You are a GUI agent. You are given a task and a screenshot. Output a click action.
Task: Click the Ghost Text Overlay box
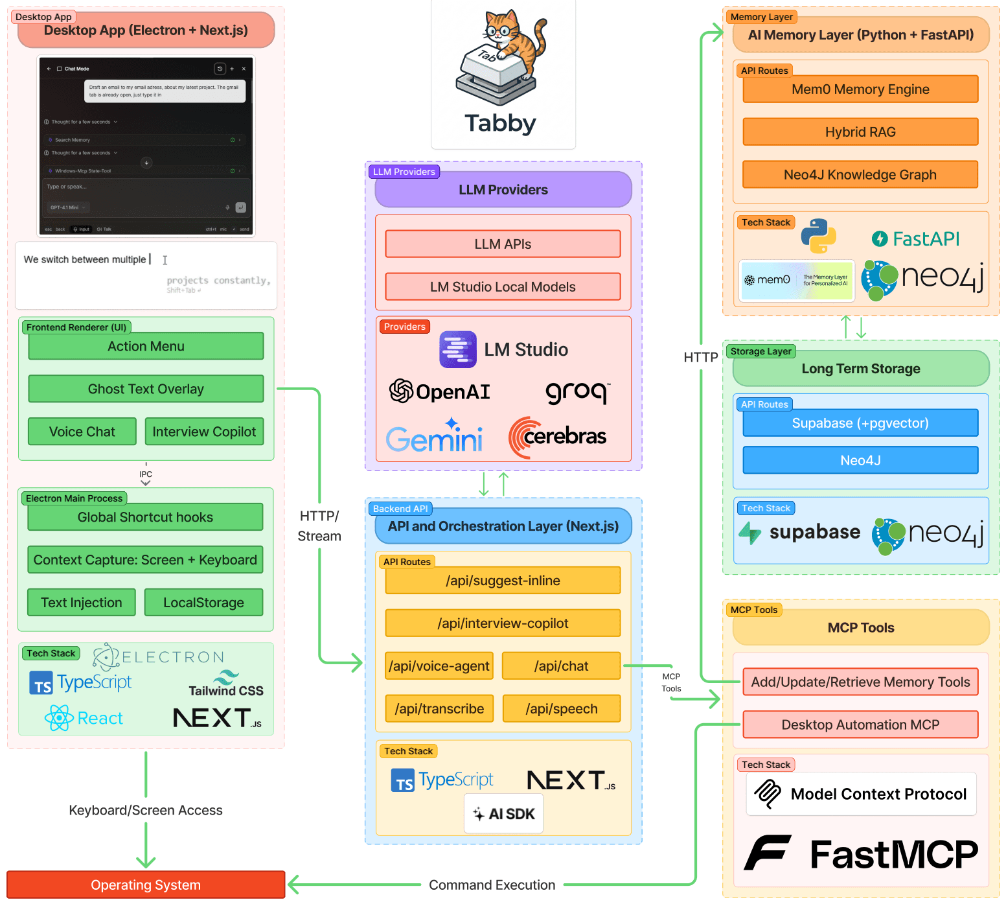coord(146,389)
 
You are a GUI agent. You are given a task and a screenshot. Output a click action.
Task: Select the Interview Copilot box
coord(204,432)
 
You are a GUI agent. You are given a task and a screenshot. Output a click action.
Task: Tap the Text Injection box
coord(82,603)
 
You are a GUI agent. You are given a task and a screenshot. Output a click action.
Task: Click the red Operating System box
coord(146,885)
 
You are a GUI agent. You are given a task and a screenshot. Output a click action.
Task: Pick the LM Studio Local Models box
coord(503,286)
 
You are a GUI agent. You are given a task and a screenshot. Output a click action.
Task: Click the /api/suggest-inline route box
coord(503,581)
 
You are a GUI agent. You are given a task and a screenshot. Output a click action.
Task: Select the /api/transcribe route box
coord(439,708)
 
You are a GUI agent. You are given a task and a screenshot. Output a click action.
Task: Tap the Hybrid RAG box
coord(860,132)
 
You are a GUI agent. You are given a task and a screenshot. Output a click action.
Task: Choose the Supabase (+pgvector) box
coord(860,423)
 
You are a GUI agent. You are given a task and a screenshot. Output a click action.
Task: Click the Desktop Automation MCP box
coord(860,724)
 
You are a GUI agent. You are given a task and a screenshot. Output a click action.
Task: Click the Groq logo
coord(577,391)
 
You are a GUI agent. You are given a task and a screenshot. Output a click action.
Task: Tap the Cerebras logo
coord(558,437)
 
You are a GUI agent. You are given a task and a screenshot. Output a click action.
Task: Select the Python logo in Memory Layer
coord(819,237)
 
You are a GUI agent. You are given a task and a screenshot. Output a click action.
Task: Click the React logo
coord(84,718)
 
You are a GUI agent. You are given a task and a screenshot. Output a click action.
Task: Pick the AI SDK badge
coord(504,814)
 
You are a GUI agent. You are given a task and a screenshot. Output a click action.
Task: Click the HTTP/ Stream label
coord(319,526)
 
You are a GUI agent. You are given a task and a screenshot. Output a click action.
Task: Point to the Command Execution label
coord(492,885)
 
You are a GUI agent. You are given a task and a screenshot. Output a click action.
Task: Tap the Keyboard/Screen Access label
coord(146,810)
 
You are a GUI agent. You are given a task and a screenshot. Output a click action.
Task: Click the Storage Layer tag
coord(760,351)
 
